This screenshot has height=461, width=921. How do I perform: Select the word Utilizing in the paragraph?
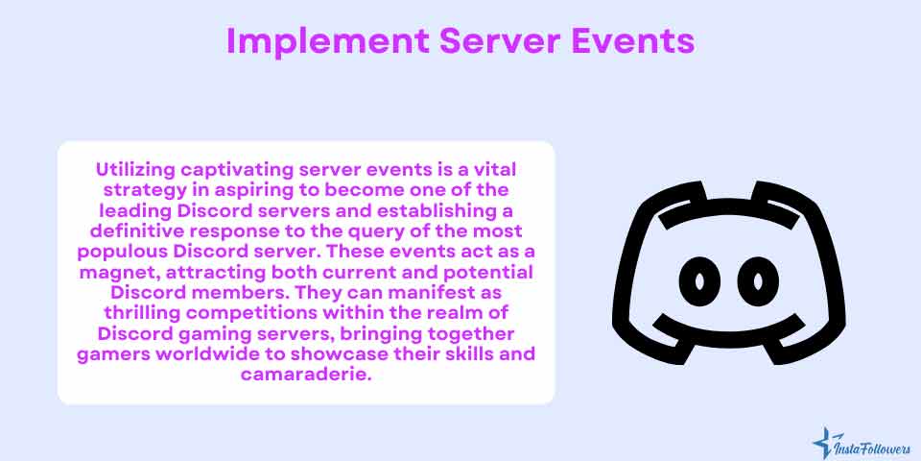(x=135, y=169)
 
